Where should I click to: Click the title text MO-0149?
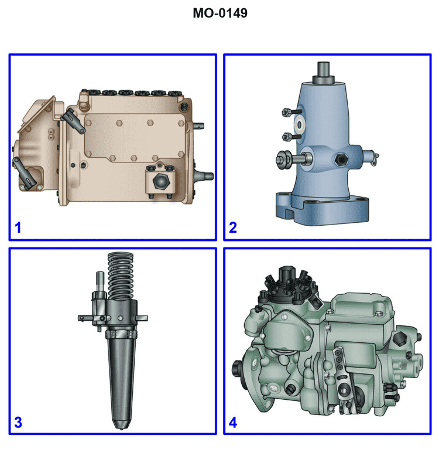click(220, 13)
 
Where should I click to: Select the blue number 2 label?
click(233, 227)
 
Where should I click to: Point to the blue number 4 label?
click(233, 422)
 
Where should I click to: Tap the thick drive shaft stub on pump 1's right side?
click(203, 174)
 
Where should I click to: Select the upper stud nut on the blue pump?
click(286, 112)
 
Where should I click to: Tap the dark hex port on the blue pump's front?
click(340, 159)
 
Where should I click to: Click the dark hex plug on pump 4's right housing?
click(402, 339)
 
